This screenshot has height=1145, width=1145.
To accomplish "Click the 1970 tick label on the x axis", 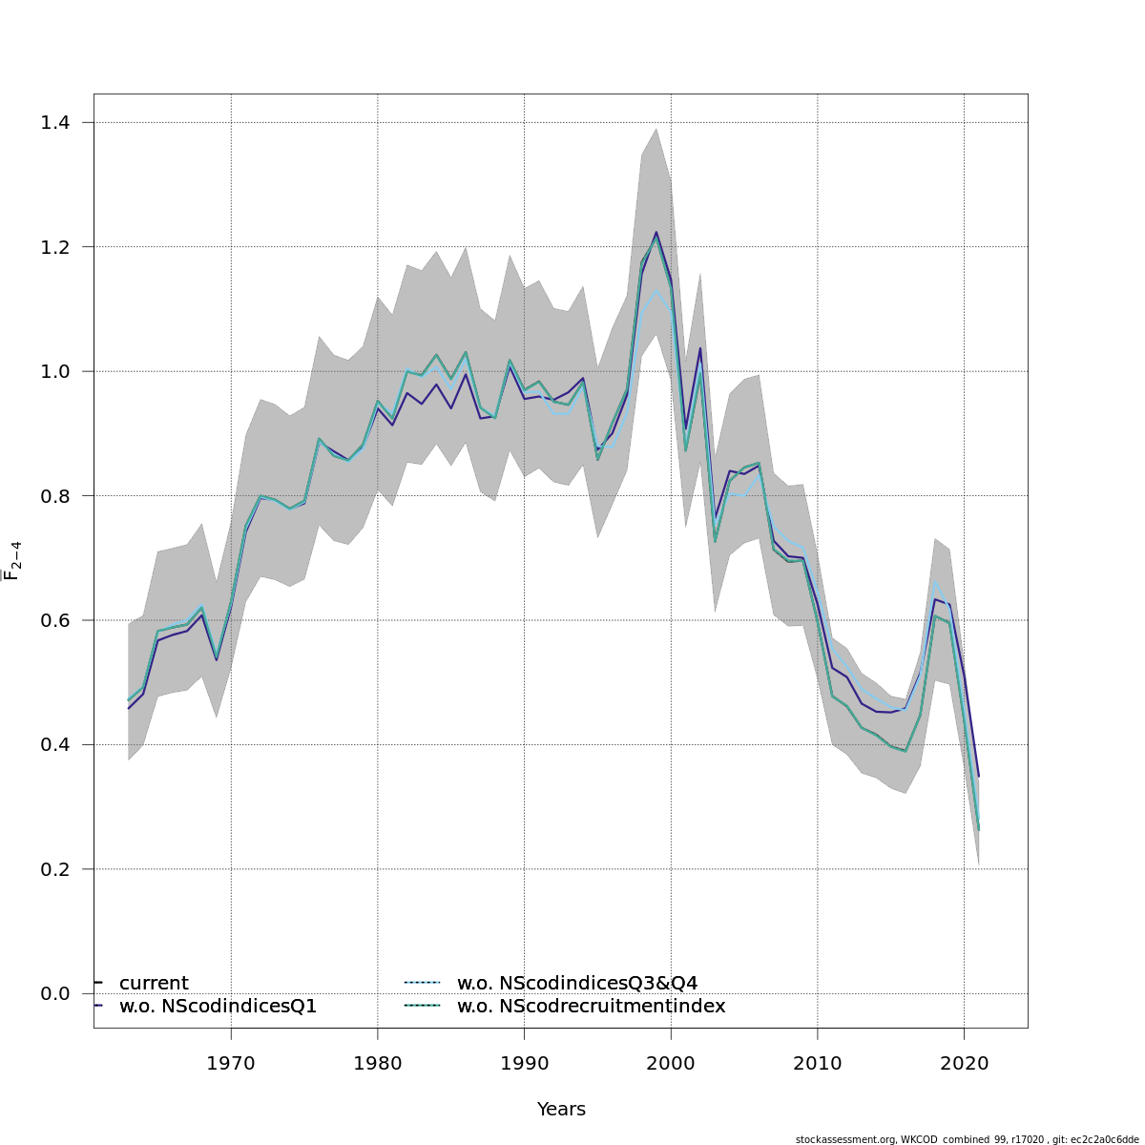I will tap(231, 1062).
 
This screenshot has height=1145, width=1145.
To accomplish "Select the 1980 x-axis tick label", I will tap(378, 1062).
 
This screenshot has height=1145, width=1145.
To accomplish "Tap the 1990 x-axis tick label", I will tap(524, 1062).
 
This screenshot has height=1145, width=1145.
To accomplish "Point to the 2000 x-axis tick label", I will tap(671, 1062).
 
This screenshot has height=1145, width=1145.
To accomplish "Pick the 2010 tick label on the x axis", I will tap(818, 1062).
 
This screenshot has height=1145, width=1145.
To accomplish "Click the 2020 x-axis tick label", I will tap(964, 1062).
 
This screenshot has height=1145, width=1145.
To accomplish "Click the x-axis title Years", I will tap(561, 1109).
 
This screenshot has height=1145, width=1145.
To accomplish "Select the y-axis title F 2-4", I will tap(13, 560).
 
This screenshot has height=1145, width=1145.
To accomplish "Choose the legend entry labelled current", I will tap(154, 983).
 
